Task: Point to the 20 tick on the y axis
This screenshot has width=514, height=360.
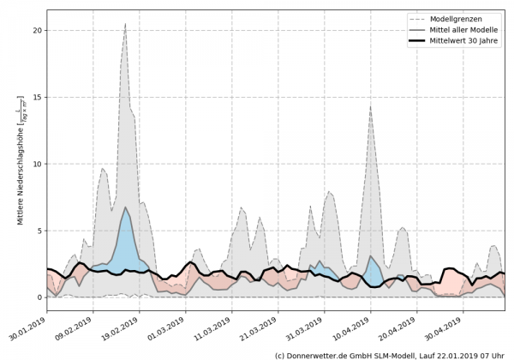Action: [x=37, y=30]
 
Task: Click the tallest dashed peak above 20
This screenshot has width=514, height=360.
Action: [x=125, y=24]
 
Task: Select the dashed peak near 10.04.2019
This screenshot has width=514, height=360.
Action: [x=369, y=106]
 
